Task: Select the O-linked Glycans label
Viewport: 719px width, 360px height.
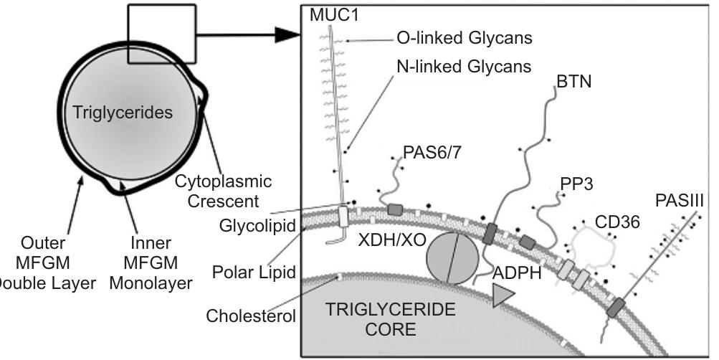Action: pos(464,37)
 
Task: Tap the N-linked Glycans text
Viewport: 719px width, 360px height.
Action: pos(464,67)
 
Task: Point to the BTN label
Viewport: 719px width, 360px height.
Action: pos(573,82)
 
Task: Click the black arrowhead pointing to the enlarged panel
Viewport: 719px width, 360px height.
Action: pos(285,34)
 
